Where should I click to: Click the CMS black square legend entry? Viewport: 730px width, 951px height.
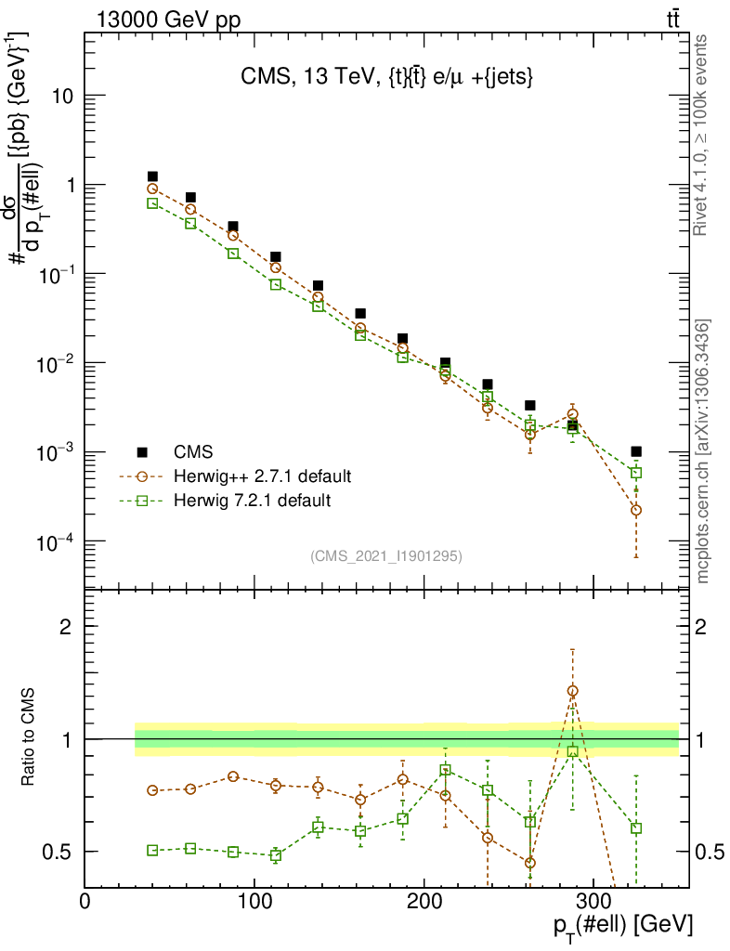pos(142,452)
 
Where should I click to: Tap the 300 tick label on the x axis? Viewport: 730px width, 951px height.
pos(593,901)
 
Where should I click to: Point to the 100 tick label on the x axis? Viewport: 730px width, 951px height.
pos(254,901)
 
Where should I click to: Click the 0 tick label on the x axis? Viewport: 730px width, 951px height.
pos(85,901)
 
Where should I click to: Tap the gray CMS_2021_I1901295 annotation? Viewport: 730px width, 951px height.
pos(386,555)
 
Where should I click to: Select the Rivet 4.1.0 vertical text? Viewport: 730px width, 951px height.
pos(703,136)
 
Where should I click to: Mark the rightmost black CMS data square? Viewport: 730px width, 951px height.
pos(635,451)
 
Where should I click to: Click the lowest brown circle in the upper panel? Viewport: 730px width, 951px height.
pos(635,510)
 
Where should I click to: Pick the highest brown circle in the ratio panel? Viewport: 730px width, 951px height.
pos(572,691)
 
